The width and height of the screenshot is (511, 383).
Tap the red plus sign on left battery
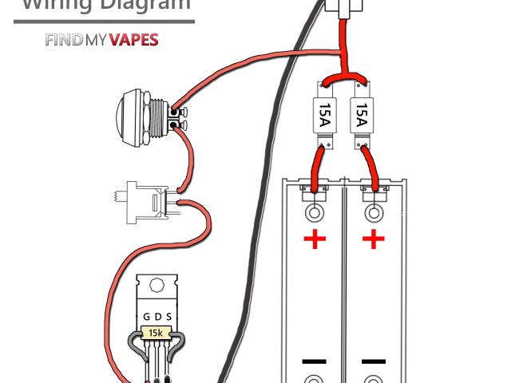[x=315, y=239]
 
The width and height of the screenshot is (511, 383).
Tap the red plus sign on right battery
[x=372, y=239]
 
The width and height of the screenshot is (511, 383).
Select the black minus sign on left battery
[x=315, y=361]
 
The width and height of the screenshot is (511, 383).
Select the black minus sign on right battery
[x=372, y=361]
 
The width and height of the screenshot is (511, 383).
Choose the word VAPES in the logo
[x=132, y=40]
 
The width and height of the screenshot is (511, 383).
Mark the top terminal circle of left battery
[x=315, y=213]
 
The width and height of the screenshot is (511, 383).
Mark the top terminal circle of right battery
[x=373, y=213]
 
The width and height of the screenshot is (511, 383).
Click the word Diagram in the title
[x=143, y=5]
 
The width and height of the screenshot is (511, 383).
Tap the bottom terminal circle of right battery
[x=372, y=378]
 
